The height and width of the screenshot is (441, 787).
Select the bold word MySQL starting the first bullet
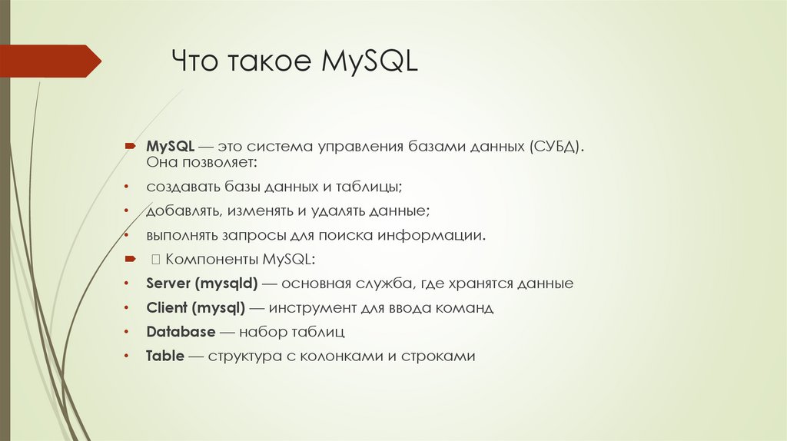pos(169,146)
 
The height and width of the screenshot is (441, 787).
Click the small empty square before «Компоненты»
pos(154,260)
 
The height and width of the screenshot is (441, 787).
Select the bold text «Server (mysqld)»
pos(201,283)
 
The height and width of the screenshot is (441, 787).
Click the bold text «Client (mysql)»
pos(195,308)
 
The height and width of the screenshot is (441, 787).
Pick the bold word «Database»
pos(181,332)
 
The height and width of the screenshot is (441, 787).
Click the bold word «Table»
pos(164,356)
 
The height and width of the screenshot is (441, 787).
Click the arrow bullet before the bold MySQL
pos(131,146)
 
